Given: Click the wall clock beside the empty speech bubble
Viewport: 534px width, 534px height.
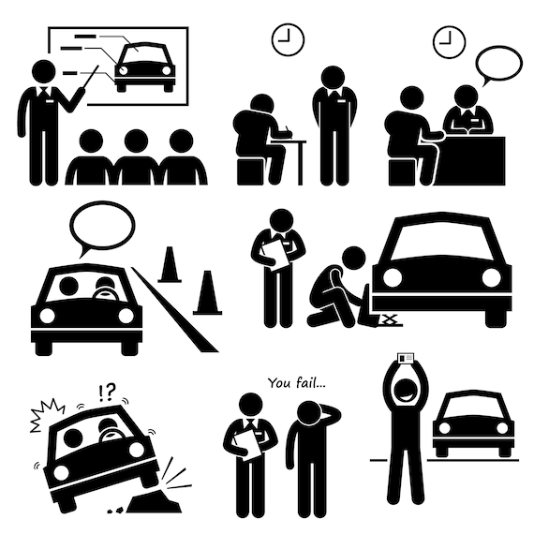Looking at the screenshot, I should tap(448, 39).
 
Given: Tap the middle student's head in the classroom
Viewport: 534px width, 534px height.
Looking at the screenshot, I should tap(136, 141).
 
